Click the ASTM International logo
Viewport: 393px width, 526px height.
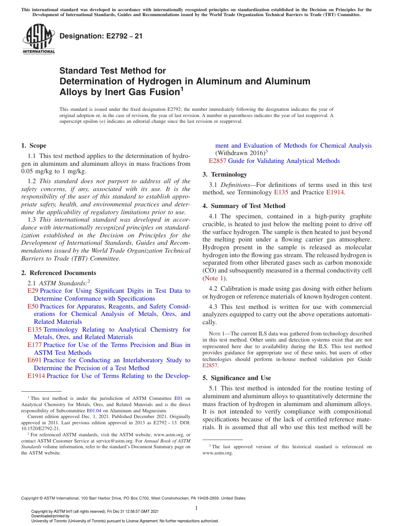(38, 39)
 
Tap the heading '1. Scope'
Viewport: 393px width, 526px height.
(34, 146)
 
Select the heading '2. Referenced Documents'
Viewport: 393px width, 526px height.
(59, 273)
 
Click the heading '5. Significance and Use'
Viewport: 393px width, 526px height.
(241, 378)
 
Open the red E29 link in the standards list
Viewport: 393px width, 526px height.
(33, 291)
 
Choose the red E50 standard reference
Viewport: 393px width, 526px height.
(33, 306)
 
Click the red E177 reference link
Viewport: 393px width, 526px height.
(34, 345)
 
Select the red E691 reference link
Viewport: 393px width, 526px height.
(34, 360)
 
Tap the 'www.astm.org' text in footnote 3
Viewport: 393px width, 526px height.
(218, 453)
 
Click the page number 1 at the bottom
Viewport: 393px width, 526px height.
(196, 508)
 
